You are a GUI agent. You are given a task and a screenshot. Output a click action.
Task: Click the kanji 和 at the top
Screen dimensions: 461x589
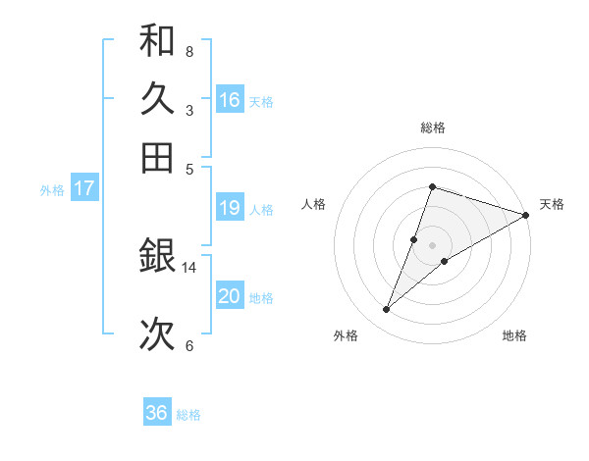point(157,41)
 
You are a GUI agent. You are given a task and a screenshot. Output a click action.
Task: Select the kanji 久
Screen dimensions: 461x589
point(157,99)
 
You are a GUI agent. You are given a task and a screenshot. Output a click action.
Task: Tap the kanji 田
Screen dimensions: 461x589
point(157,157)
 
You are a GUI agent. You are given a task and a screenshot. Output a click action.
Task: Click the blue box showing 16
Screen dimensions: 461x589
point(230,100)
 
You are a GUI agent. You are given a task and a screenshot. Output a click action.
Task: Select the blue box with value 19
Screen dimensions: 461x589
point(230,208)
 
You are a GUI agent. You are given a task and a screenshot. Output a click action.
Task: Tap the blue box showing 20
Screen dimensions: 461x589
point(230,296)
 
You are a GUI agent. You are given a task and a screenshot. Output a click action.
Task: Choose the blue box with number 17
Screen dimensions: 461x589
point(83,189)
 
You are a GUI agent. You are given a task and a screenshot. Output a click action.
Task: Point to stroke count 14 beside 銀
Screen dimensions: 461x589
point(189,267)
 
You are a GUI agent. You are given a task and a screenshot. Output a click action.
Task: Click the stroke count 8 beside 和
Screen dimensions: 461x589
point(189,51)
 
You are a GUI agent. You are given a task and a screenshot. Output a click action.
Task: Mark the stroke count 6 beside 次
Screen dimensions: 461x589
point(189,345)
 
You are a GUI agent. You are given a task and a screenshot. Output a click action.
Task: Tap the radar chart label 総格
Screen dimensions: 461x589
point(433,128)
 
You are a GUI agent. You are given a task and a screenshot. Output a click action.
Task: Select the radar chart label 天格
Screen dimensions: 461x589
point(552,204)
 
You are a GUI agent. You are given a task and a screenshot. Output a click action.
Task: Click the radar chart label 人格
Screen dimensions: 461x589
point(314,204)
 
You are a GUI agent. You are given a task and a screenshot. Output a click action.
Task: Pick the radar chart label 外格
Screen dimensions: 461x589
point(346,335)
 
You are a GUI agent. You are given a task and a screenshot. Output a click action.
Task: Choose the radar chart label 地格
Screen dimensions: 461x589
point(514,335)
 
